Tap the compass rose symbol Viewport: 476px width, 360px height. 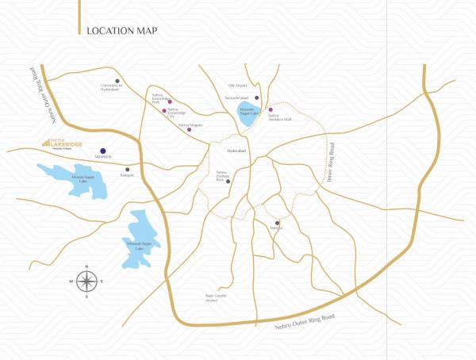coord(87,281)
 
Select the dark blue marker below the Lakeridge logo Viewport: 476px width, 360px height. coord(102,150)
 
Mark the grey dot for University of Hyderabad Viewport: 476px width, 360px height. coord(117,81)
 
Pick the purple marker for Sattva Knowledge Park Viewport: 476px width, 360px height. coord(169,102)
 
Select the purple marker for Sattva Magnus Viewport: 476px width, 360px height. coord(189,129)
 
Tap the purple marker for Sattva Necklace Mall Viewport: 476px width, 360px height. coord(271,110)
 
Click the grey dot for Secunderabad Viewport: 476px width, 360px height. coord(257,98)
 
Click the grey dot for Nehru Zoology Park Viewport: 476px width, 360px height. coord(228,182)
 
